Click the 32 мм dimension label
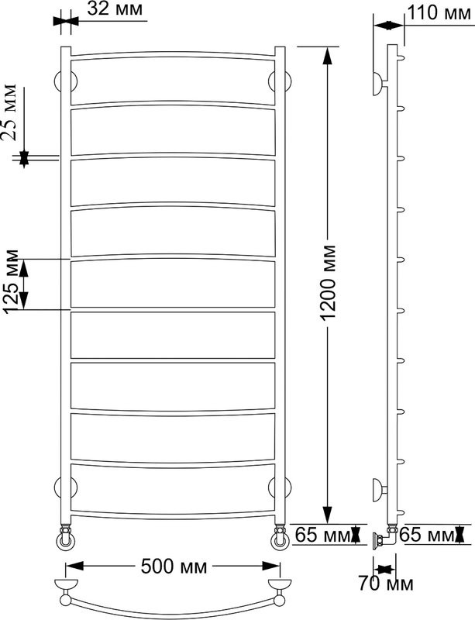pos(115,9)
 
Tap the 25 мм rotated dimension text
pos(9,112)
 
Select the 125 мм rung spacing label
pos(10,281)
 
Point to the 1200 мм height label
pos(328,282)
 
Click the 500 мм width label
pos(174,567)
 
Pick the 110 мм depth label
pos(439,12)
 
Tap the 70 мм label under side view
pos(386,584)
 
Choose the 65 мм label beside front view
pos(322,535)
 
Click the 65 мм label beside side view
pos(426,535)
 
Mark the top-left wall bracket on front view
pos(66,81)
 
